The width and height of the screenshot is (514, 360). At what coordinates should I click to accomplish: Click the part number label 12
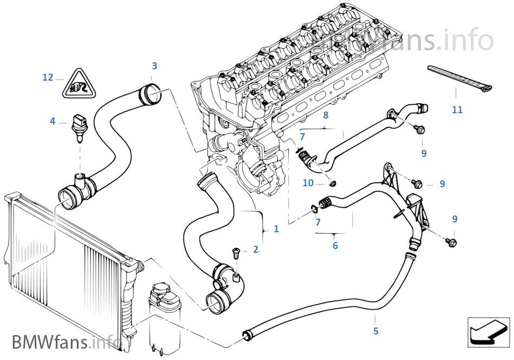coord(48,77)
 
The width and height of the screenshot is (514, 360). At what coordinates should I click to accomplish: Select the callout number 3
coord(154,66)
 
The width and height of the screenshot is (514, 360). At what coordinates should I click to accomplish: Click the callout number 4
coord(52,121)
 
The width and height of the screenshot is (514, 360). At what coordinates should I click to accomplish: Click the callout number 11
coord(457,110)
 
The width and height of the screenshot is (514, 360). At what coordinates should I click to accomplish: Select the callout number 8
coord(325,115)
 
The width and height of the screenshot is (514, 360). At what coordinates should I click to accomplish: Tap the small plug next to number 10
coord(333,183)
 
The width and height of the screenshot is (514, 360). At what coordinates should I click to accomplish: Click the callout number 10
coord(308,183)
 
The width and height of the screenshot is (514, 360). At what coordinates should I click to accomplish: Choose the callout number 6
coord(335,246)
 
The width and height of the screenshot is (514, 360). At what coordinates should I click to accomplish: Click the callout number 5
coord(375,331)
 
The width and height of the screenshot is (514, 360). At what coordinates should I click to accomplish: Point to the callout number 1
coord(276,229)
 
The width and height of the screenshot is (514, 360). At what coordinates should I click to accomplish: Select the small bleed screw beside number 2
coord(235,251)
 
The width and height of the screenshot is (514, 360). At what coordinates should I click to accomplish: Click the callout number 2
coord(255,250)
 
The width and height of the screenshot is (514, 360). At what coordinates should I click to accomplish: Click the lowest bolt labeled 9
coord(452,242)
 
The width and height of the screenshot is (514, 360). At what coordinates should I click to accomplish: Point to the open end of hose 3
coord(151,96)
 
